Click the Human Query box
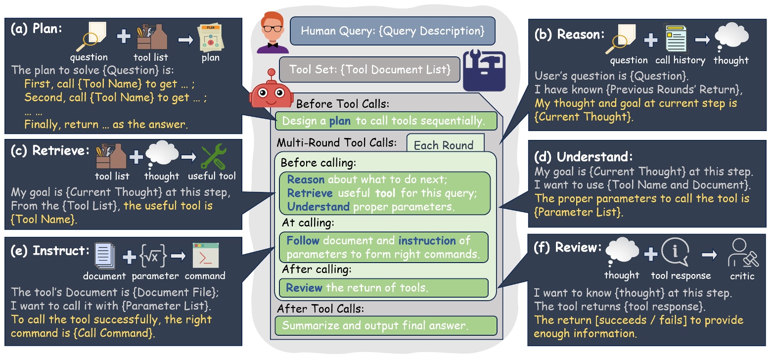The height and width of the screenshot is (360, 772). point(392,31)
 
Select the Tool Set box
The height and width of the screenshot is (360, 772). point(370,70)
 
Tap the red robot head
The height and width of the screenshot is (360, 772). point(268,91)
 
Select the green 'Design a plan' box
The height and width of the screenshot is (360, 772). point(386,121)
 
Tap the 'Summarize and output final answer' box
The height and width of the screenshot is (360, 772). point(386,326)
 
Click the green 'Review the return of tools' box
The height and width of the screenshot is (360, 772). point(383,288)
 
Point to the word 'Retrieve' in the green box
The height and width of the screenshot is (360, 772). point(305,192)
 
